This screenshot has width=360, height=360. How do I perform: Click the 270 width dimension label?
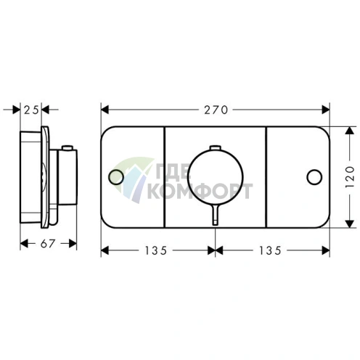(216, 110)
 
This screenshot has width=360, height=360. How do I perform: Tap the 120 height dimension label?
(350, 177)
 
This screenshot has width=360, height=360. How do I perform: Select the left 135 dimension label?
(156, 250)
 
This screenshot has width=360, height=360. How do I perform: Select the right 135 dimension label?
(270, 250)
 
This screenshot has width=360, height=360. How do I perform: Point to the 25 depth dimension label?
(31, 110)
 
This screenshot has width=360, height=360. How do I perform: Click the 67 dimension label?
(48, 244)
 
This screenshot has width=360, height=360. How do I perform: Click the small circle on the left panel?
(116, 177)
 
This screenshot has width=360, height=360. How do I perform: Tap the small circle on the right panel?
(314, 177)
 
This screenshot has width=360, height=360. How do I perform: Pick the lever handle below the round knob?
(215, 215)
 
